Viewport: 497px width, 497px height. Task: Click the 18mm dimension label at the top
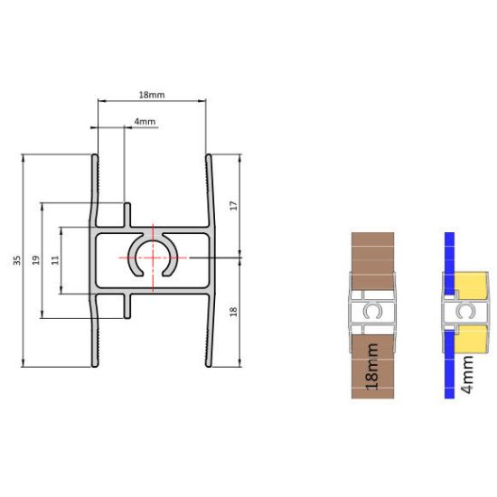[152, 95]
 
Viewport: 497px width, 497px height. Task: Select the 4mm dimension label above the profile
[145, 121]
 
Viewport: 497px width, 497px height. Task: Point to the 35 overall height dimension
[16, 261]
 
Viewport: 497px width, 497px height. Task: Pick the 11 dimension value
[55, 260]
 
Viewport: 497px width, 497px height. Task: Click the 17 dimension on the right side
[232, 206]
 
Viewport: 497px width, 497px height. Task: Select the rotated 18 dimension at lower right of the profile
[232, 312]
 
